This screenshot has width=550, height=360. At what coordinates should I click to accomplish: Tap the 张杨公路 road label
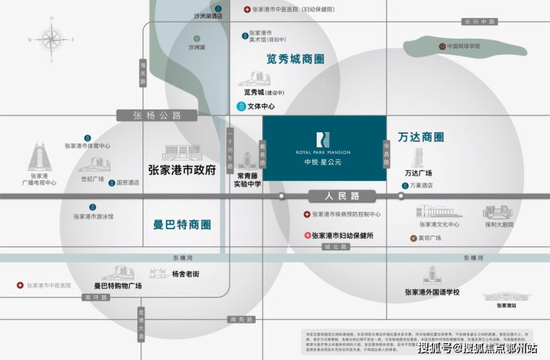pyautogui.click(x=149, y=115)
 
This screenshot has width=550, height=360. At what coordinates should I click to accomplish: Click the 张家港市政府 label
pyautogui.click(x=182, y=170)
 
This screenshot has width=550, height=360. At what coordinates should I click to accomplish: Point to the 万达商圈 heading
pyautogui.click(x=421, y=137)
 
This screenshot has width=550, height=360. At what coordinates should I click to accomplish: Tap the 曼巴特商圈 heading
pyautogui.click(x=181, y=224)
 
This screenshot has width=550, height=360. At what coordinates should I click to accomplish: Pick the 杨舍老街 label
pyautogui.click(x=185, y=274)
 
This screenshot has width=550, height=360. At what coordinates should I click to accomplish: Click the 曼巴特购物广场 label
pyautogui.click(x=117, y=286)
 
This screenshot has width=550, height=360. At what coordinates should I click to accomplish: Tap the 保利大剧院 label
pyautogui.click(x=499, y=224)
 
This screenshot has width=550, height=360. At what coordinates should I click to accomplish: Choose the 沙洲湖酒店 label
pyautogui.click(x=208, y=16)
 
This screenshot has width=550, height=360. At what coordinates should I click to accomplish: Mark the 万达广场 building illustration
pyautogui.click(x=419, y=156)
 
